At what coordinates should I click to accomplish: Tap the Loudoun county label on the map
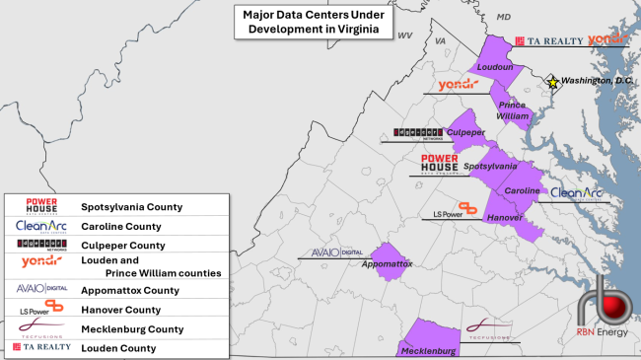pyautogui.click(x=496, y=67)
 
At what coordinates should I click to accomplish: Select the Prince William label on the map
pyautogui.click(x=510, y=110)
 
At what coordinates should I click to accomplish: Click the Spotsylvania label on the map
pyautogui.click(x=489, y=167)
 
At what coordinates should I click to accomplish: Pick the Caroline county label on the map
pyautogui.click(x=523, y=189)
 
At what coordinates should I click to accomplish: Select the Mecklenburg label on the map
pyautogui.click(x=428, y=351)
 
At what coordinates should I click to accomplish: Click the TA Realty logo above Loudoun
pyautogui.click(x=546, y=40)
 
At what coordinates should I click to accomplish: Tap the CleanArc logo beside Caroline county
pyautogui.click(x=577, y=193)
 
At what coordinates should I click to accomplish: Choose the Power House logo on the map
pyautogui.click(x=439, y=164)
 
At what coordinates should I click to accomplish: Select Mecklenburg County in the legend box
pyautogui.click(x=132, y=328)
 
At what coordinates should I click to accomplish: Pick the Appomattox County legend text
pyautogui.click(x=130, y=290)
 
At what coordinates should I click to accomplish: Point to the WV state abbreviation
pyautogui.click(x=404, y=35)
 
